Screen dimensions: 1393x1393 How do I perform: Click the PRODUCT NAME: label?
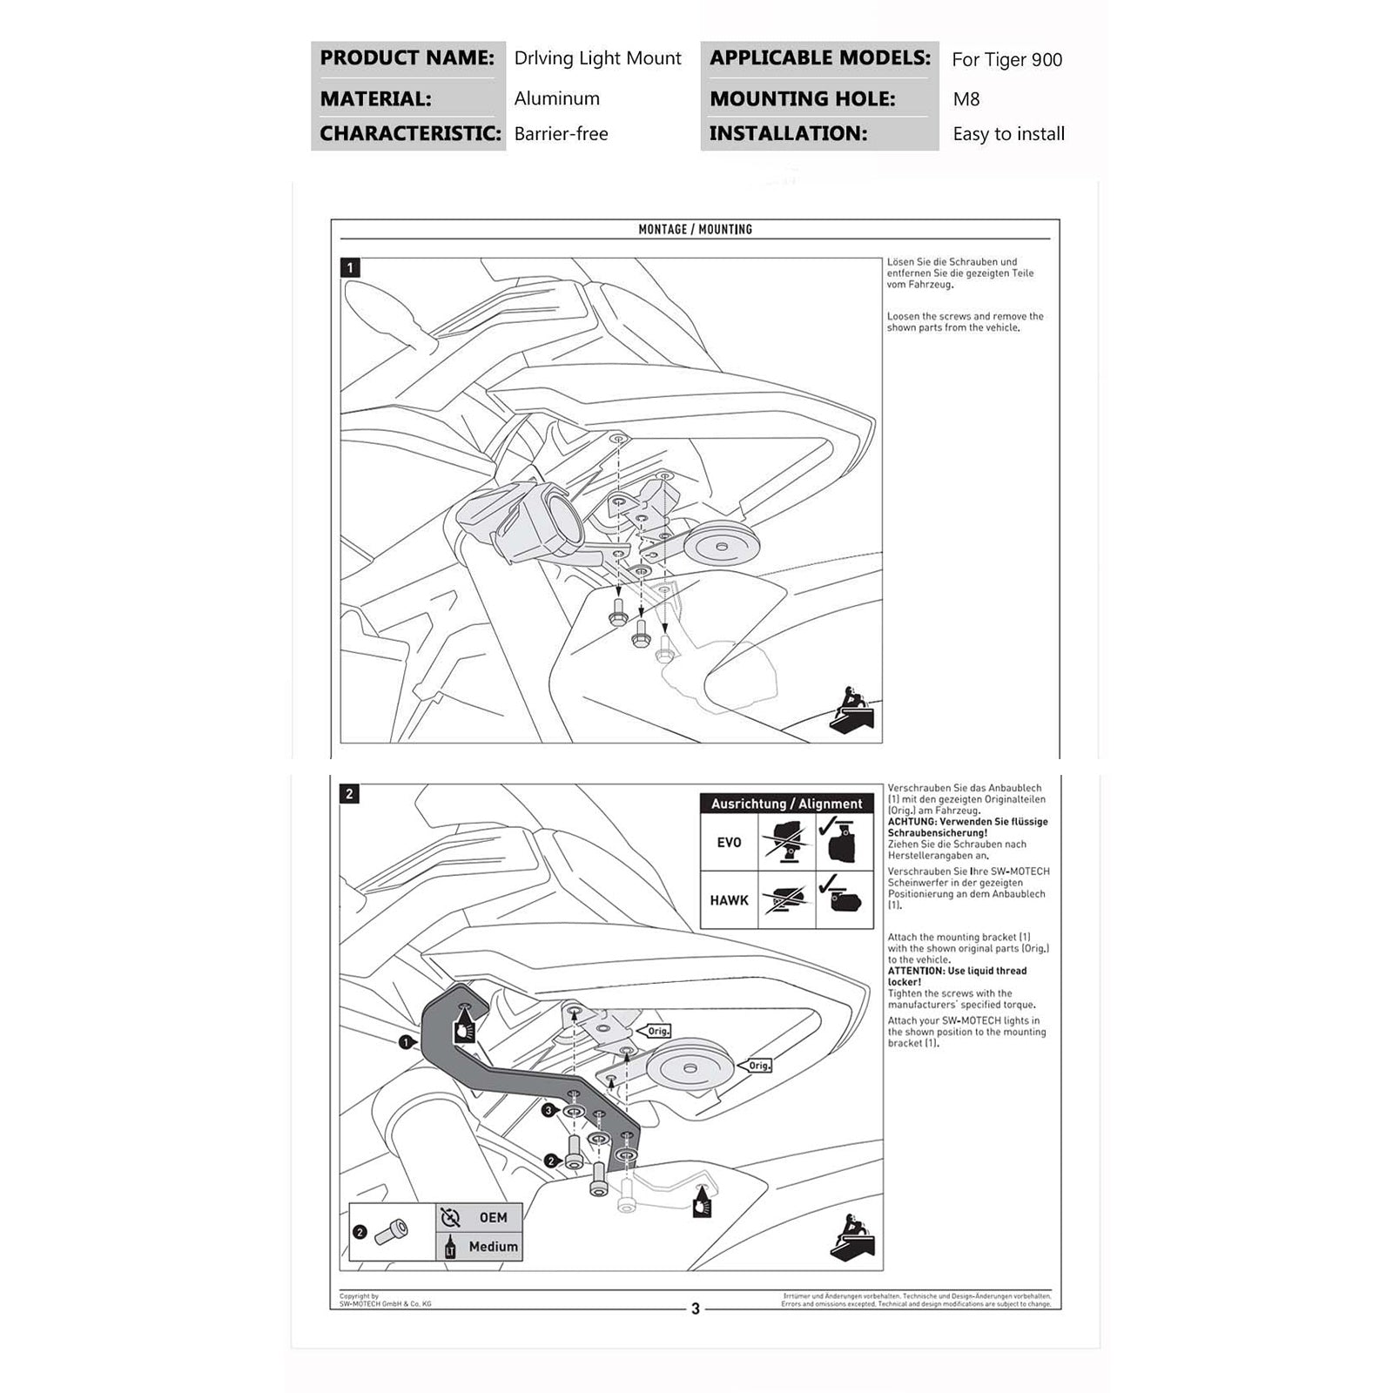(x=407, y=58)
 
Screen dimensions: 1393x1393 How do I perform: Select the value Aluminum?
(x=556, y=98)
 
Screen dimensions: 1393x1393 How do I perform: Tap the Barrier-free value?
(x=561, y=134)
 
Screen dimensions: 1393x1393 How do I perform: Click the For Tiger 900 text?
(x=1006, y=60)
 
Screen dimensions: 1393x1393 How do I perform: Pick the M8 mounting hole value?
(x=966, y=99)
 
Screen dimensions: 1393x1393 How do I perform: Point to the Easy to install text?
(x=1008, y=134)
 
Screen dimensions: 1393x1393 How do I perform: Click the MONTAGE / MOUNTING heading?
(x=695, y=229)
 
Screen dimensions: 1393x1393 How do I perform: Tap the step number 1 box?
(x=350, y=268)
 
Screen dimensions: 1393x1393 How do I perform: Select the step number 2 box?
(x=350, y=794)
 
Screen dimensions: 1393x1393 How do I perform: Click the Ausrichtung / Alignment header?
(x=786, y=804)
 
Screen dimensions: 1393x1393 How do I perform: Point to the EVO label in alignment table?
(x=729, y=843)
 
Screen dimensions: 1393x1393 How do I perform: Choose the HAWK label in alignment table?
(x=729, y=900)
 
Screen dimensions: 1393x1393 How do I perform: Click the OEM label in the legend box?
(x=493, y=1217)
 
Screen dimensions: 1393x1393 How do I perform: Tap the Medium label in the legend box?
(x=493, y=1247)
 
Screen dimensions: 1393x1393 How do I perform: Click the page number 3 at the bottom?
(x=695, y=1309)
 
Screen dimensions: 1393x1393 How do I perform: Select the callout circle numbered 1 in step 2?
(x=405, y=1041)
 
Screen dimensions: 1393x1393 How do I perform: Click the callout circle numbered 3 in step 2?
(x=548, y=1111)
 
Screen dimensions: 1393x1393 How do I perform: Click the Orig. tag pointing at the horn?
(x=759, y=1066)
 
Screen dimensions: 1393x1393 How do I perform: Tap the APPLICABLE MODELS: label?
(x=819, y=58)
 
